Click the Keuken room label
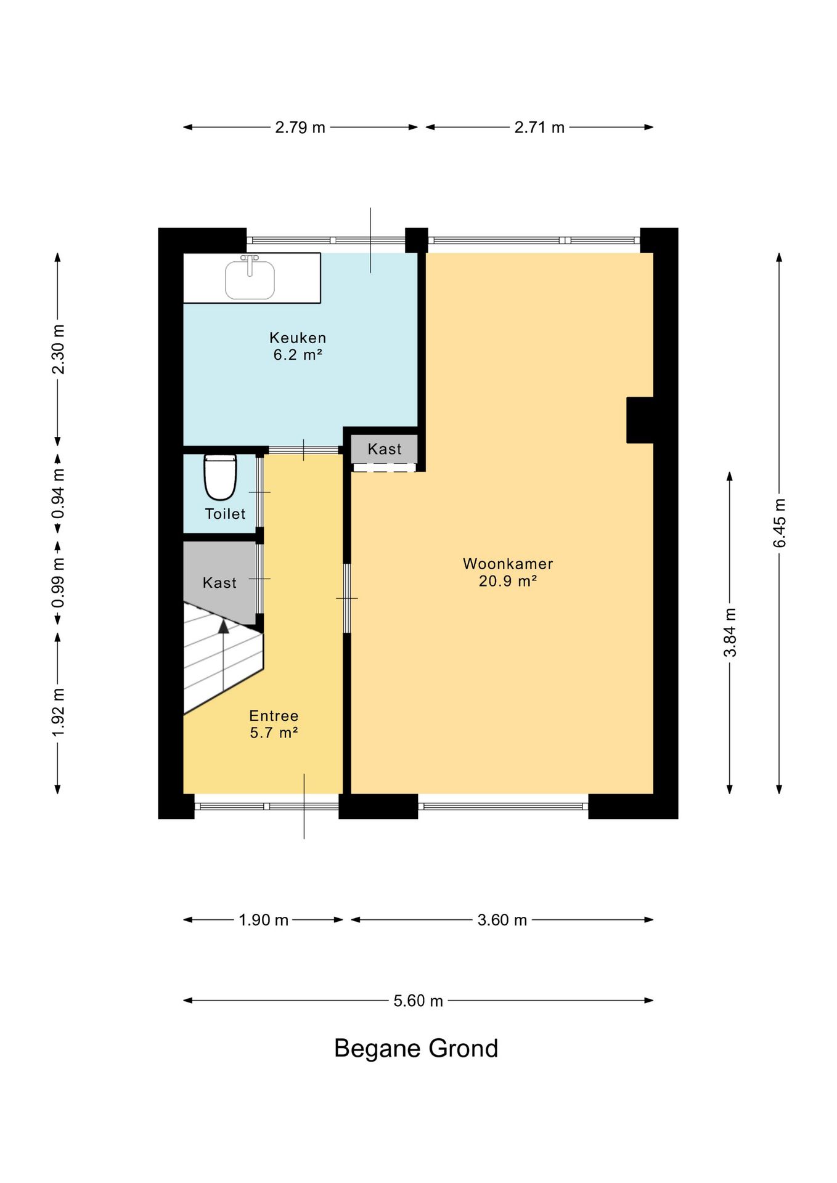pyautogui.click(x=298, y=346)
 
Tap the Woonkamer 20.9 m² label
pyautogui.click(x=508, y=572)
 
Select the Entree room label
pyautogui.click(x=274, y=724)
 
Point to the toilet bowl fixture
pyautogui.click(x=220, y=477)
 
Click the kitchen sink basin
pyautogui.click(x=250, y=280)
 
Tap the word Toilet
pyautogui.click(x=225, y=514)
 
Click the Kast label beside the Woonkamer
pyautogui.click(x=385, y=449)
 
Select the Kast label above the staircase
pyautogui.click(x=219, y=583)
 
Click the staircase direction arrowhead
pyautogui.click(x=223, y=627)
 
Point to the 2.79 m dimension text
pyautogui.click(x=300, y=128)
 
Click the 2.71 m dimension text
pyautogui.click(x=539, y=128)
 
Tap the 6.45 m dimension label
pyautogui.click(x=780, y=523)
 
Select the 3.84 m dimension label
pyautogui.click(x=730, y=633)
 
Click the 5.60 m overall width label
pyautogui.click(x=418, y=1001)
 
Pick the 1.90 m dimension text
pyautogui.click(x=264, y=920)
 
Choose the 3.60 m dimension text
pyautogui.click(x=502, y=920)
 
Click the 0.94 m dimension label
pyautogui.click(x=58, y=494)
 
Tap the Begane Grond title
pyautogui.click(x=416, y=1048)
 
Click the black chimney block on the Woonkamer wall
pyautogui.click(x=640, y=420)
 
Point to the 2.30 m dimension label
pyautogui.click(x=58, y=349)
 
